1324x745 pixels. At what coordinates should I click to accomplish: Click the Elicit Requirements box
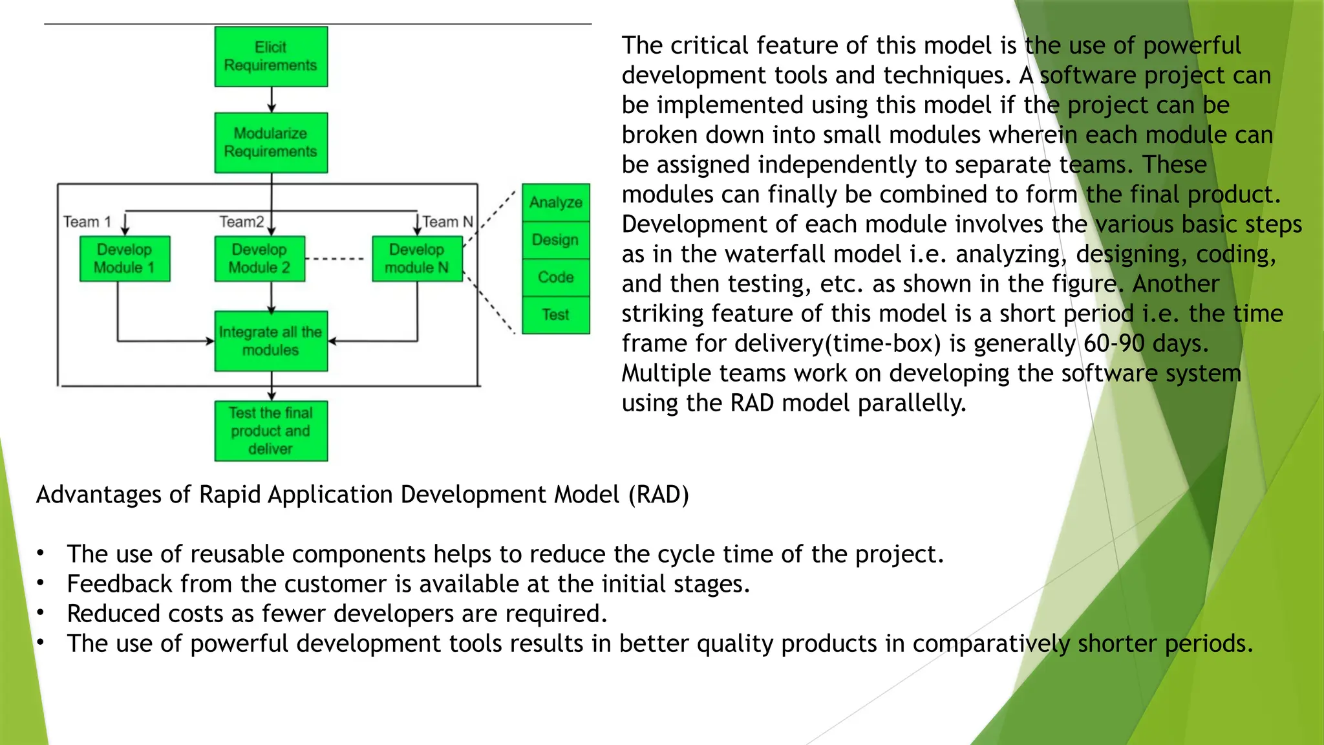point(271,57)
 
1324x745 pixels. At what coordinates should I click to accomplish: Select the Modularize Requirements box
point(271,143)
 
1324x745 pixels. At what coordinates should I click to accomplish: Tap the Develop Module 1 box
point(125,259)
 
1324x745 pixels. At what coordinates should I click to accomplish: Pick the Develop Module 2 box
point(259,259)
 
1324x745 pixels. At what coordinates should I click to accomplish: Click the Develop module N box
point(417,259)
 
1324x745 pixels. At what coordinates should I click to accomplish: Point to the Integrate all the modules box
point(271,341)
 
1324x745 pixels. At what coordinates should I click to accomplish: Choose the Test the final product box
point(271,431)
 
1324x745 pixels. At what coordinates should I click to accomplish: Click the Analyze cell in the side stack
point(556,202)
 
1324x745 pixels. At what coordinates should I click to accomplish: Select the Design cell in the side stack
point(556,240)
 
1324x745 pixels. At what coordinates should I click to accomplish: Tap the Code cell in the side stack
point(556,277)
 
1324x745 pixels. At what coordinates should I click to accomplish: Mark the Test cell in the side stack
point(556,315)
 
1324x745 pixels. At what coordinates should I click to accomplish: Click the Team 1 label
point(87,222)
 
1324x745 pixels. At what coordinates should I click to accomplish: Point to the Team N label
point(447,222)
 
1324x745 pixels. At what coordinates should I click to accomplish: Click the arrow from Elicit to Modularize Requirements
point(272,100)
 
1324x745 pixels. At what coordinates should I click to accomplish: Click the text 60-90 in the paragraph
point(1114,343)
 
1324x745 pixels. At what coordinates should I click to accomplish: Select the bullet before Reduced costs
point(41,612)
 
